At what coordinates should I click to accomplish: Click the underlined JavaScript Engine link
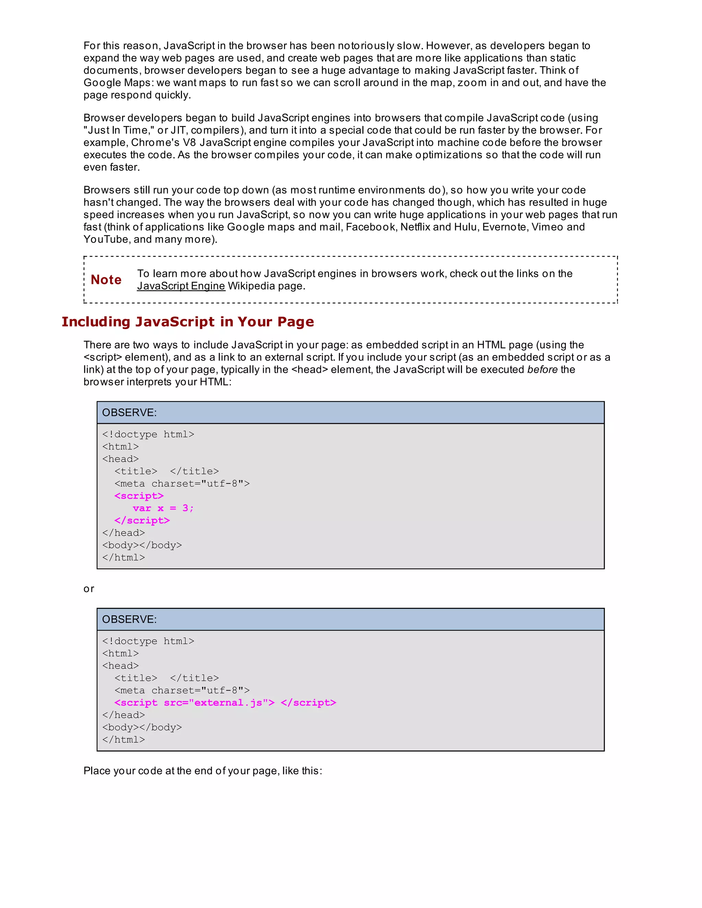181,286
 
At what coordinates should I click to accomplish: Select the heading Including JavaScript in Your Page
187,322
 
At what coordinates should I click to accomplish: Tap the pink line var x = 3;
163,508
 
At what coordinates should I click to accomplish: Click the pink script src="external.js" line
225,703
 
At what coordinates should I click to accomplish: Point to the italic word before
542,370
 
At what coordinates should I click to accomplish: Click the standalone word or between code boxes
88,589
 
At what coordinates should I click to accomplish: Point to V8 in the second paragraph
189,143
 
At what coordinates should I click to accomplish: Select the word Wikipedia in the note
251,286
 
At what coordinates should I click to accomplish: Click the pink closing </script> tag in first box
142,520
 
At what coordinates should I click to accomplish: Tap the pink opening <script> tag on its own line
139,496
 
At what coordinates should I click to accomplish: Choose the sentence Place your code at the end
203,771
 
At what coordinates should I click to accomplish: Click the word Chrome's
155,143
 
